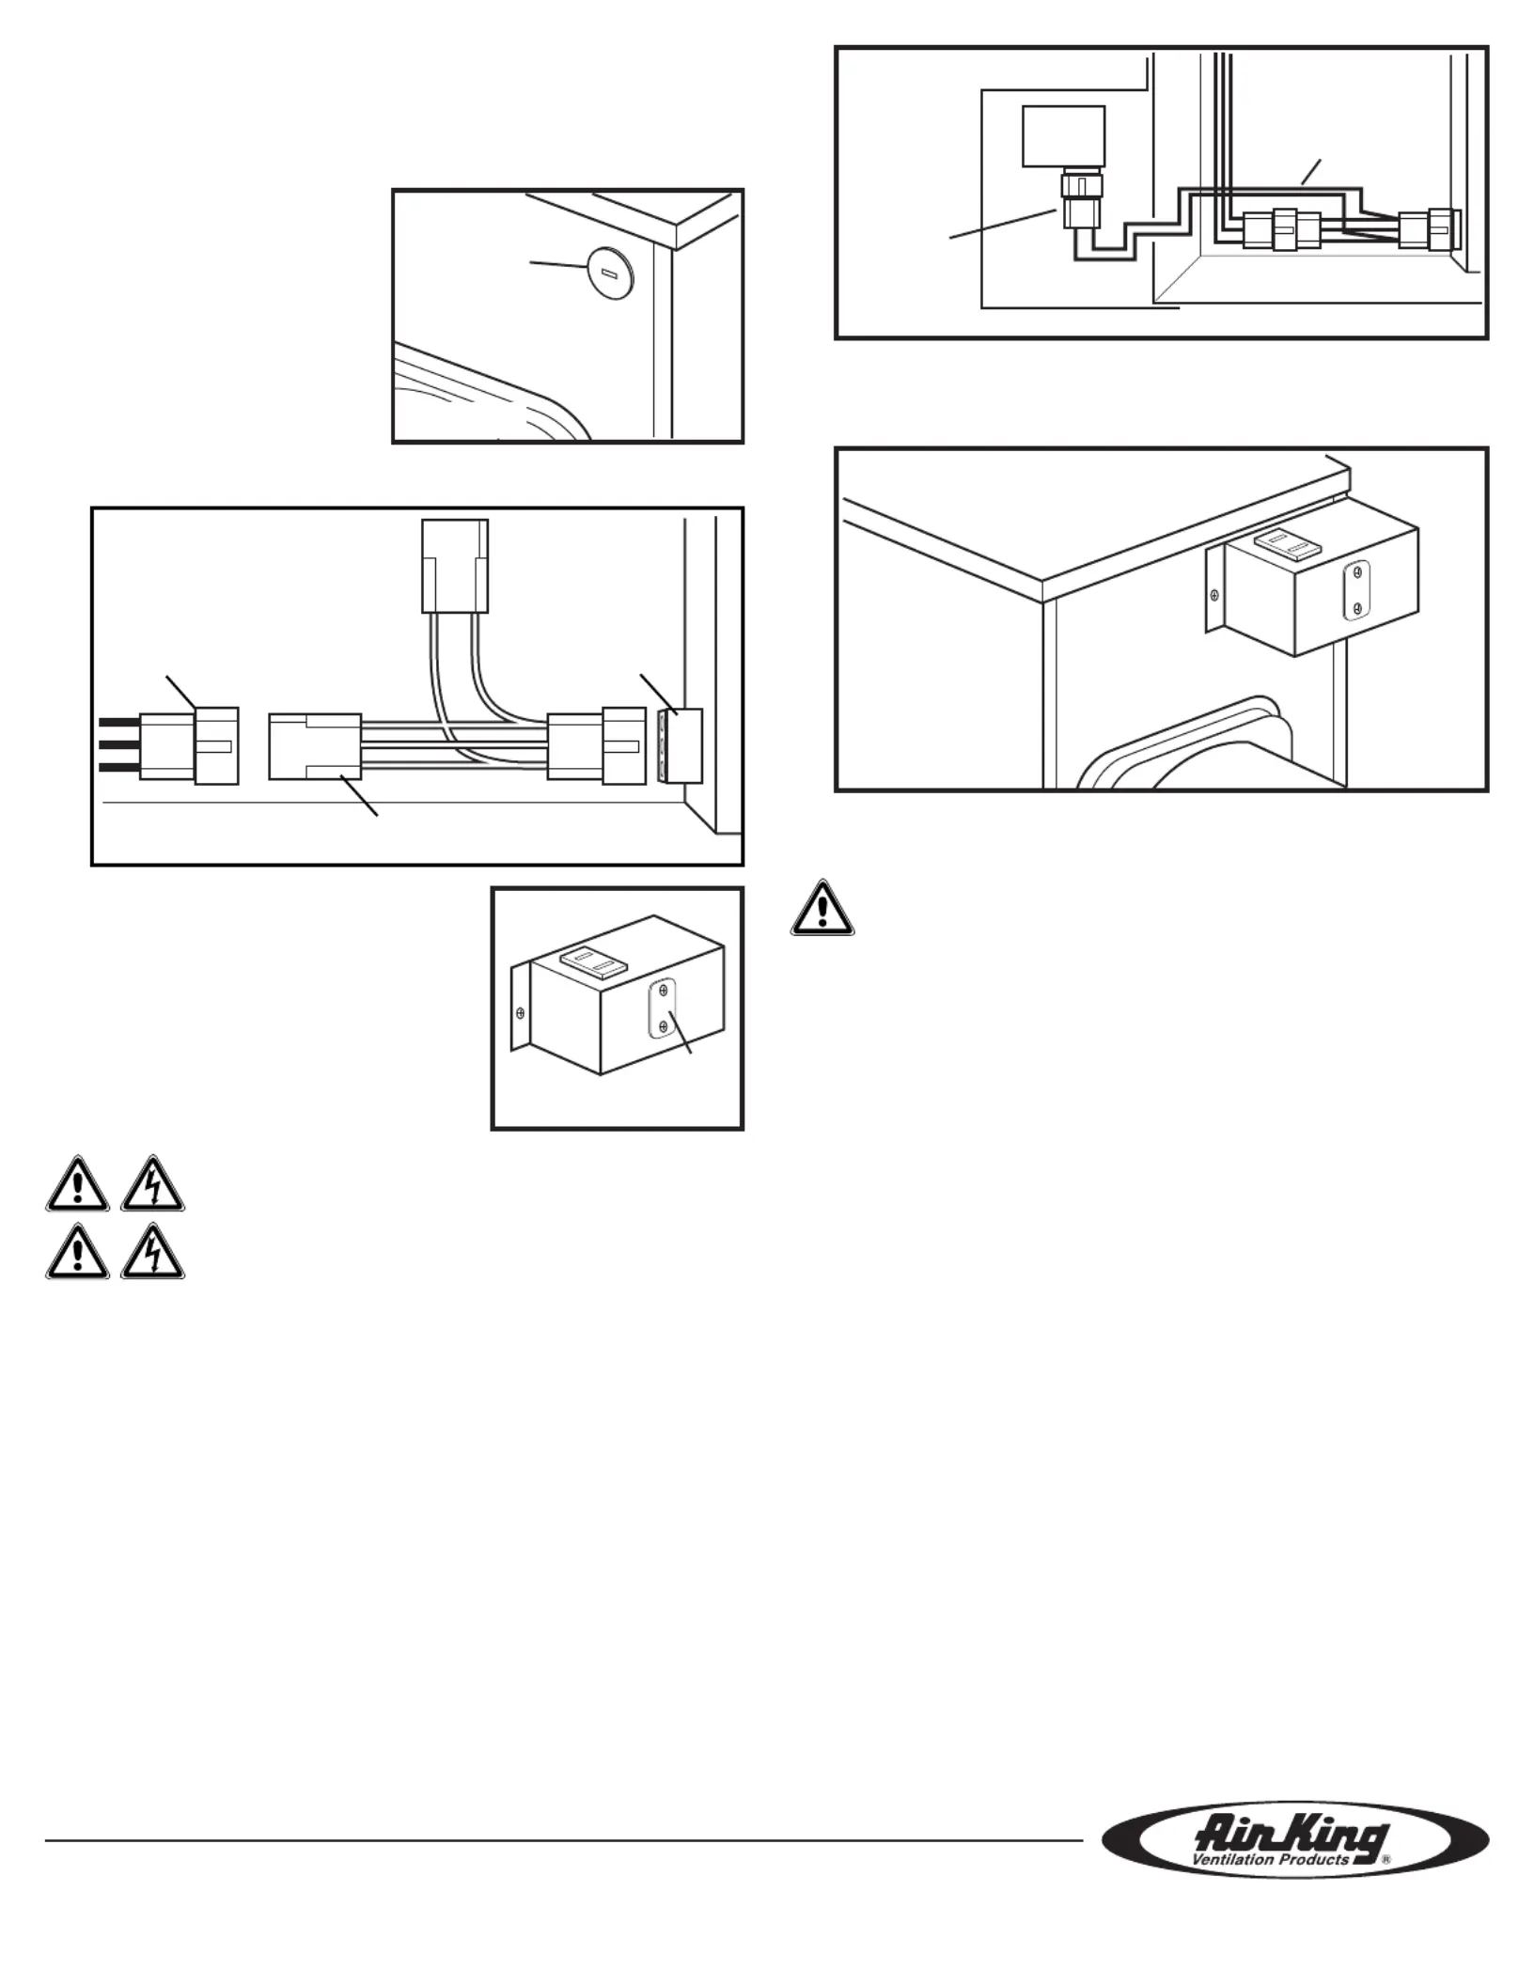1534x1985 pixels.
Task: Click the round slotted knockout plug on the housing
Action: point(609,274)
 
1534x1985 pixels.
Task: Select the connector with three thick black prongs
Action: point(188,746)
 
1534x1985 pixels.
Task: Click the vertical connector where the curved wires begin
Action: point(455,566)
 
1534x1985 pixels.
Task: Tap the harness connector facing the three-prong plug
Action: point(315,746)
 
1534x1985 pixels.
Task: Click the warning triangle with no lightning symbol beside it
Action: point(822,908)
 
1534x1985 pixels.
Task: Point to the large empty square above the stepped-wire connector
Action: point(1063,136)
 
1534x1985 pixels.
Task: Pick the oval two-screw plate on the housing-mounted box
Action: point(1356,590)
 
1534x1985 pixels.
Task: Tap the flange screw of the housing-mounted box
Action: point(1215,595)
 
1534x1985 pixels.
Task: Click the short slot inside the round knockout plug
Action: point(609,274)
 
